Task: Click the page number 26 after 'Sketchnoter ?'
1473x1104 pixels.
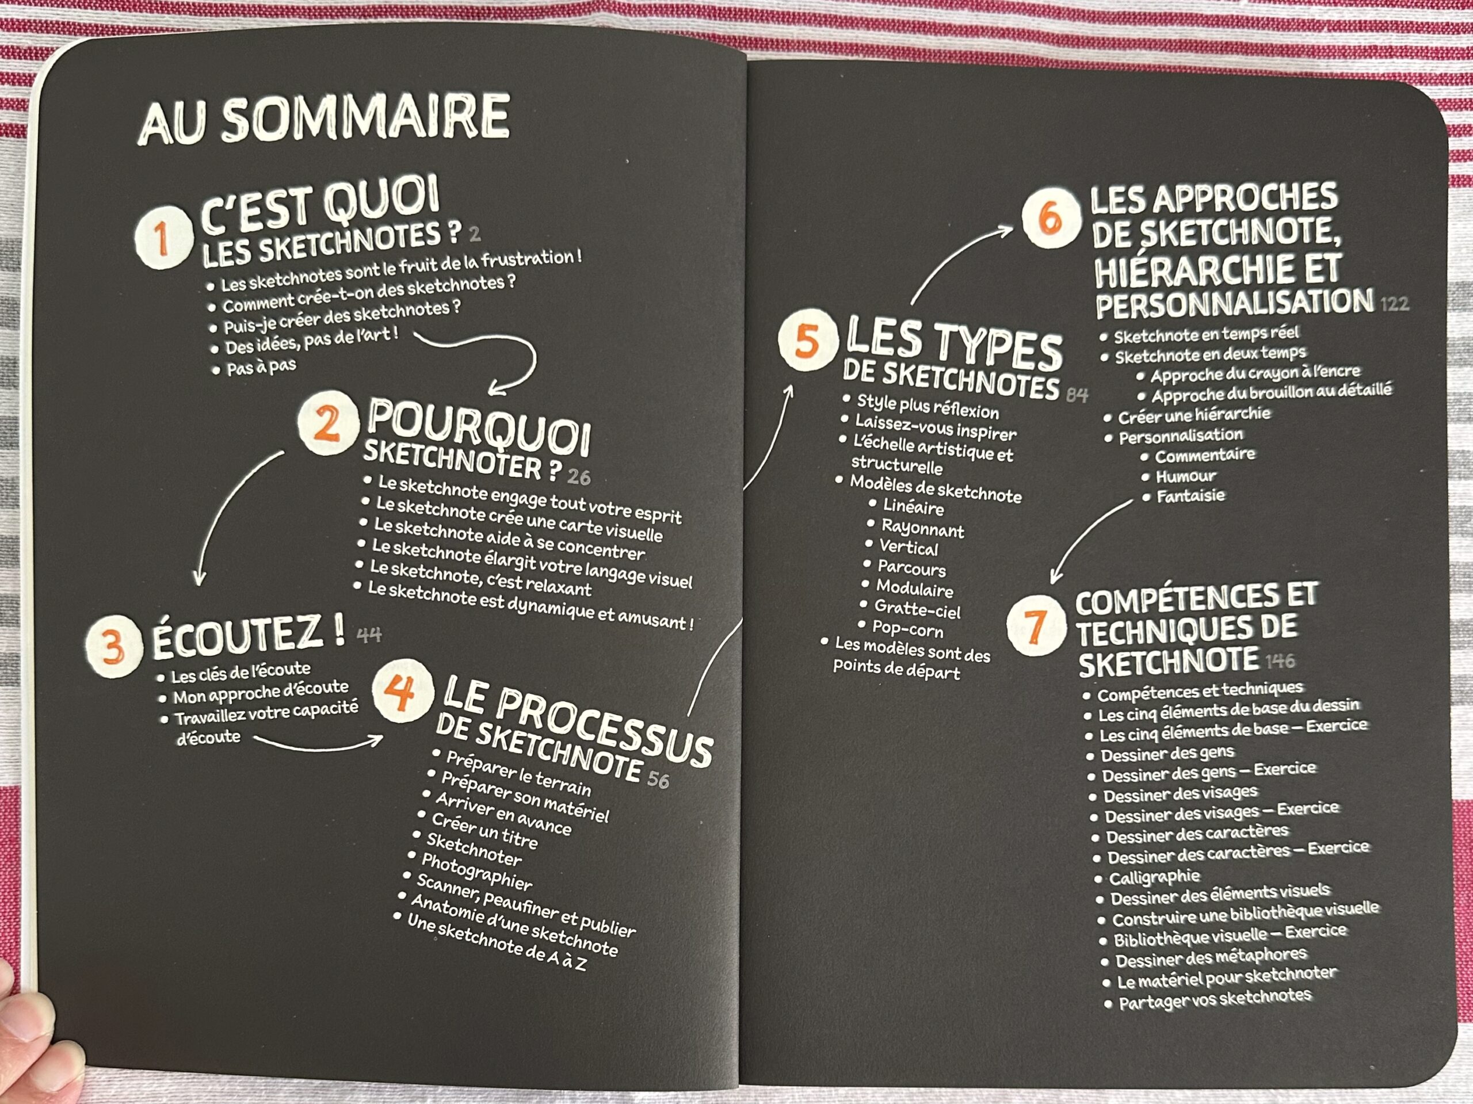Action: tap(579, 477)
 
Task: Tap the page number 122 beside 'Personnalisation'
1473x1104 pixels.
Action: tap(1394, 304)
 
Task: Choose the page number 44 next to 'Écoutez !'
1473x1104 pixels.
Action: tap(369, 635)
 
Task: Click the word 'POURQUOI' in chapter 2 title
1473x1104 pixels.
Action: tap(479, 426)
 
